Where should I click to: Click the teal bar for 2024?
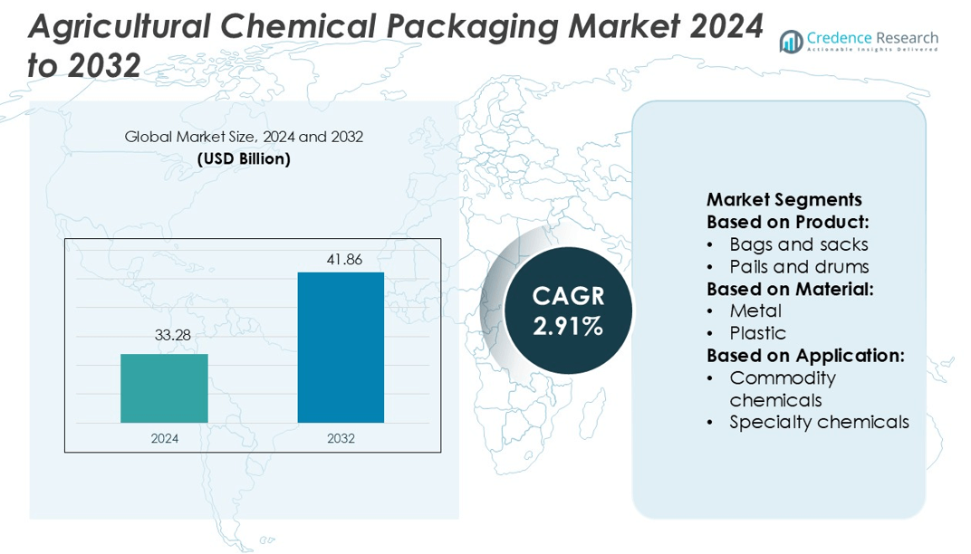164,388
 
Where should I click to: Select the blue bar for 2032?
341,348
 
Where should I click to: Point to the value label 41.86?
344,260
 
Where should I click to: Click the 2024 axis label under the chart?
164,439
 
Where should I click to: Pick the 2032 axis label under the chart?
341,439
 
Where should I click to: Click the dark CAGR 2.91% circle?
568,310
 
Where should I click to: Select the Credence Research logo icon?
791,41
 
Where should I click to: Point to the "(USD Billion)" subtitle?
244,159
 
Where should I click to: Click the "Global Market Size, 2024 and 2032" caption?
244,138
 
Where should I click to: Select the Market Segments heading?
784,200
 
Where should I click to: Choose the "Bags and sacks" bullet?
798,244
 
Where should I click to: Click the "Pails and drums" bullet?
799,267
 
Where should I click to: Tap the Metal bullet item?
755,311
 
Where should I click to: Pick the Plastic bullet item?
757,333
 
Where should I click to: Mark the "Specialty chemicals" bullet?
819,422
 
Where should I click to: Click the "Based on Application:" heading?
805,356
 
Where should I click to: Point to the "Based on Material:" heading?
790,289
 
